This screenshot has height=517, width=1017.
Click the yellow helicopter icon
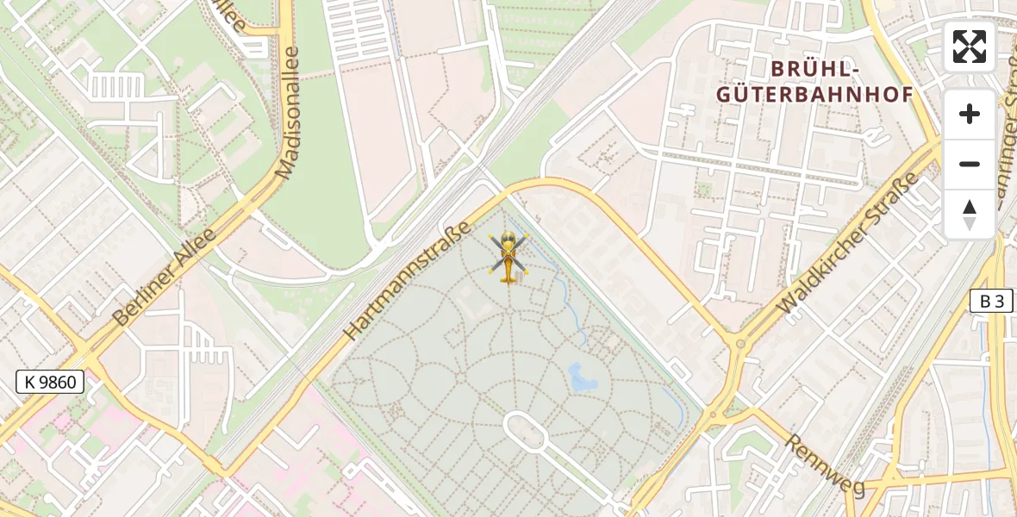508,257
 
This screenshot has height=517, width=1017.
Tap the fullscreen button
970,47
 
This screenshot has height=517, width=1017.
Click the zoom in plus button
970,114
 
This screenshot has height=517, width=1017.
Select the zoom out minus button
970,165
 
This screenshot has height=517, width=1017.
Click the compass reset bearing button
970,215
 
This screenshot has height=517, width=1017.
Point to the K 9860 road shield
50,382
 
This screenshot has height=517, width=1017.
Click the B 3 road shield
992,301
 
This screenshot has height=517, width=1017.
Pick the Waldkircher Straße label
848,244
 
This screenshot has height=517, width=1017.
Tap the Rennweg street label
823,464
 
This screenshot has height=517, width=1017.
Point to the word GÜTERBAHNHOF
814,95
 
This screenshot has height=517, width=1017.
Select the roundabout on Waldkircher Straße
739,344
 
